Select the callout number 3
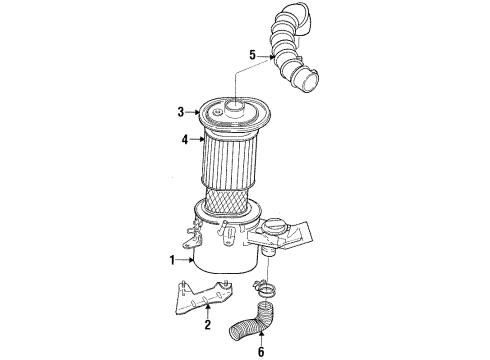181,113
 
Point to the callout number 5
253,55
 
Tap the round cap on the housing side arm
276,228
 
